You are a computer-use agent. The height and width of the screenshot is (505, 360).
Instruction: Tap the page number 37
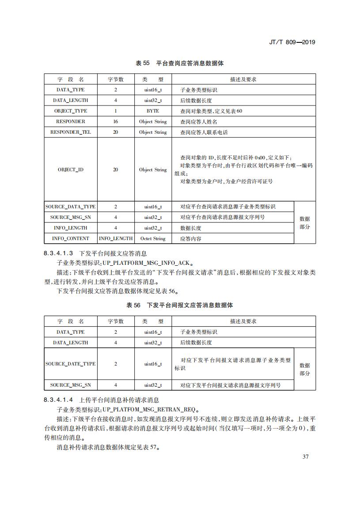(x=305, y=456)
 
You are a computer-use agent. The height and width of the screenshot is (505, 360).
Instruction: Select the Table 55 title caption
(x=180, y=64)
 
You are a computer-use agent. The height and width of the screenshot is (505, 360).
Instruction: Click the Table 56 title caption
(x=180, y=305)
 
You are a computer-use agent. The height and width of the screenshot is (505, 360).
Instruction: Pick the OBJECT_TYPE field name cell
(x=71, y=111)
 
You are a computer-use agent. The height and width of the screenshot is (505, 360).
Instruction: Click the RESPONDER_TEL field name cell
(x=71, y=132)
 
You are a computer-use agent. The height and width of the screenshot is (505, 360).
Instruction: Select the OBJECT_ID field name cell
(x=71, y=170)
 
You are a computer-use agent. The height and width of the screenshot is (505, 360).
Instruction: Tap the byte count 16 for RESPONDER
(x=116, y=122)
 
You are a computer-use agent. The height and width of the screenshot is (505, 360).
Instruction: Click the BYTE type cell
(x=153, y=111)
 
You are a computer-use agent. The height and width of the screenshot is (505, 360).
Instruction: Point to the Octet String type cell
(x=153, y=239)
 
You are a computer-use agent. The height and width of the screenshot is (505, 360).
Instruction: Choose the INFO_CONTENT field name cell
(x=71, y=239)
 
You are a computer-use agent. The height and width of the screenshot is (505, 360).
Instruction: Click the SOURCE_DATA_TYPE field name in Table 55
(x=71, y=207)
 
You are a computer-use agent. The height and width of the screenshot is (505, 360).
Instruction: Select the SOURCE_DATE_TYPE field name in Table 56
(x=71, y=364)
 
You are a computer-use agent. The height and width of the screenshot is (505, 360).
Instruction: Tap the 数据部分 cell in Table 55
(x=305, y=223)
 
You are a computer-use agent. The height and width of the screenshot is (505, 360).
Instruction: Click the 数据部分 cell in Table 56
(x=305, y=369)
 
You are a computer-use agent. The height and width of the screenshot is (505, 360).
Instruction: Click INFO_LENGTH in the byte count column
(x=116, y=239)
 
